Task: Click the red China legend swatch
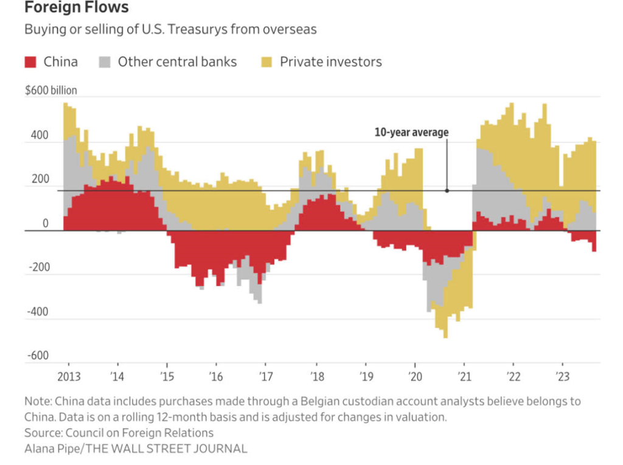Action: click(x=31, y=61)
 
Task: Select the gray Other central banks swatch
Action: click(x=105, y=61)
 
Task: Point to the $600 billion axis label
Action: click(x=51, y=91)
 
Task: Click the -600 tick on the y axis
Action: click(x=37, y=356)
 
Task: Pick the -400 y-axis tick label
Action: click(x=37, y=312)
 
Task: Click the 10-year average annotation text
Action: click(x=411, y=132)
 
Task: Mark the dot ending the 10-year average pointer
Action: click(x=447, y=191)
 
